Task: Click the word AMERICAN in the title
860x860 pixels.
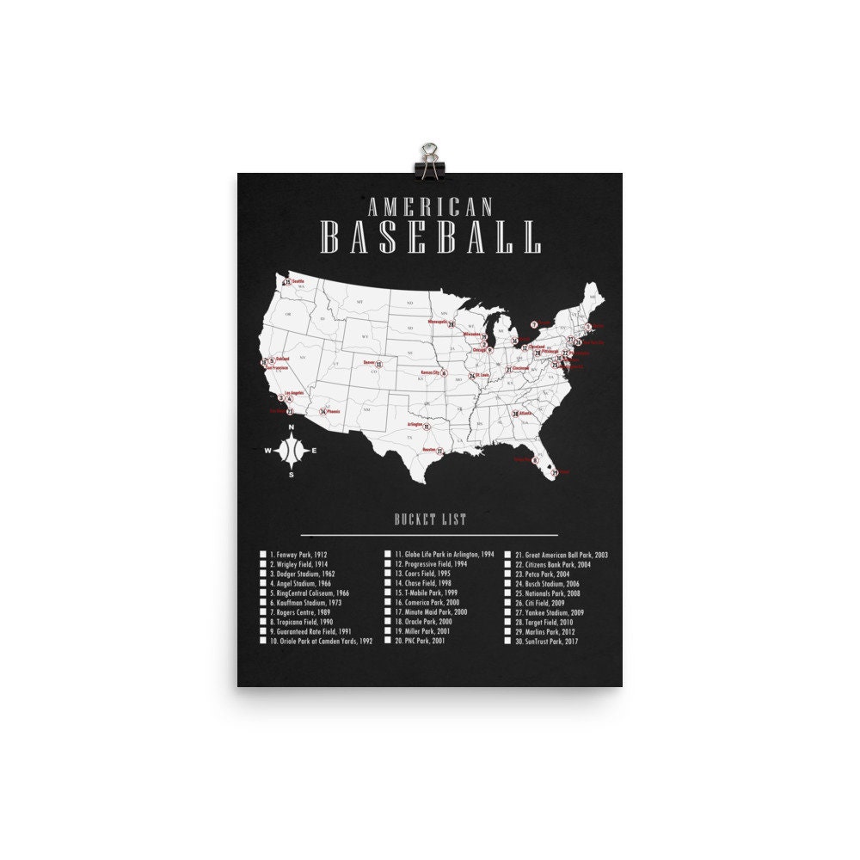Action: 430,207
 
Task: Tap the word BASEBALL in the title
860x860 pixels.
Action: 430,237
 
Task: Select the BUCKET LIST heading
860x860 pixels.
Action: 430,519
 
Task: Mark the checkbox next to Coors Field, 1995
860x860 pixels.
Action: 387,573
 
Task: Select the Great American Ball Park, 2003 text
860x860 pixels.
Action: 562,556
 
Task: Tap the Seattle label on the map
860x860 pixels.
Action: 298,280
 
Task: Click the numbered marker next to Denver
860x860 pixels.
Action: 379,364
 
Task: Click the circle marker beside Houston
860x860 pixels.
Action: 439,451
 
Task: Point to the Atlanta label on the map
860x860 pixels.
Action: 526,414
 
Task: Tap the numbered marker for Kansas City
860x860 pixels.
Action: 444,373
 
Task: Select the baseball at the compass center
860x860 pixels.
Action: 292,450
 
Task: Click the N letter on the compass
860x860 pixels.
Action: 292,427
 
